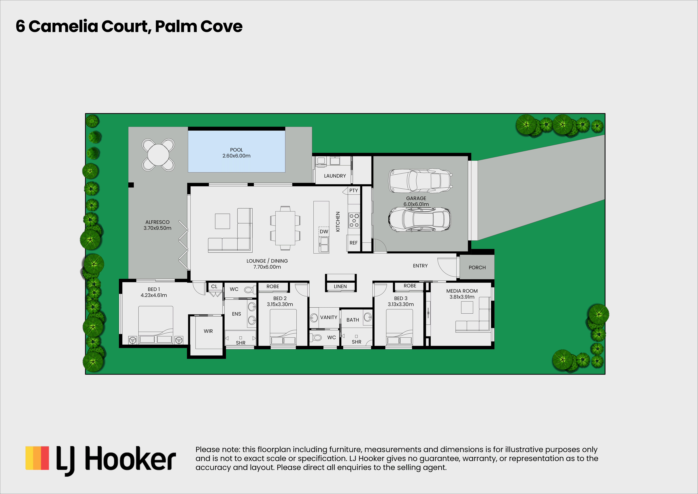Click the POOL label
coord(236,150)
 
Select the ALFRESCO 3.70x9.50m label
coord(157,225)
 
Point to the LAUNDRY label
coord(335,176)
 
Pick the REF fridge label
coord(354,243)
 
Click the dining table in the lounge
coord(285,228)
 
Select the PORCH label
coord(477,268)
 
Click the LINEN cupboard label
coord(340,286)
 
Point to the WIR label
coord(208,331)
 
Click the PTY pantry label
coord(354,191)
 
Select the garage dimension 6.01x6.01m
coord(416,204)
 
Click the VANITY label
coord(329,318)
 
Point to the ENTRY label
coord(420,266)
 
